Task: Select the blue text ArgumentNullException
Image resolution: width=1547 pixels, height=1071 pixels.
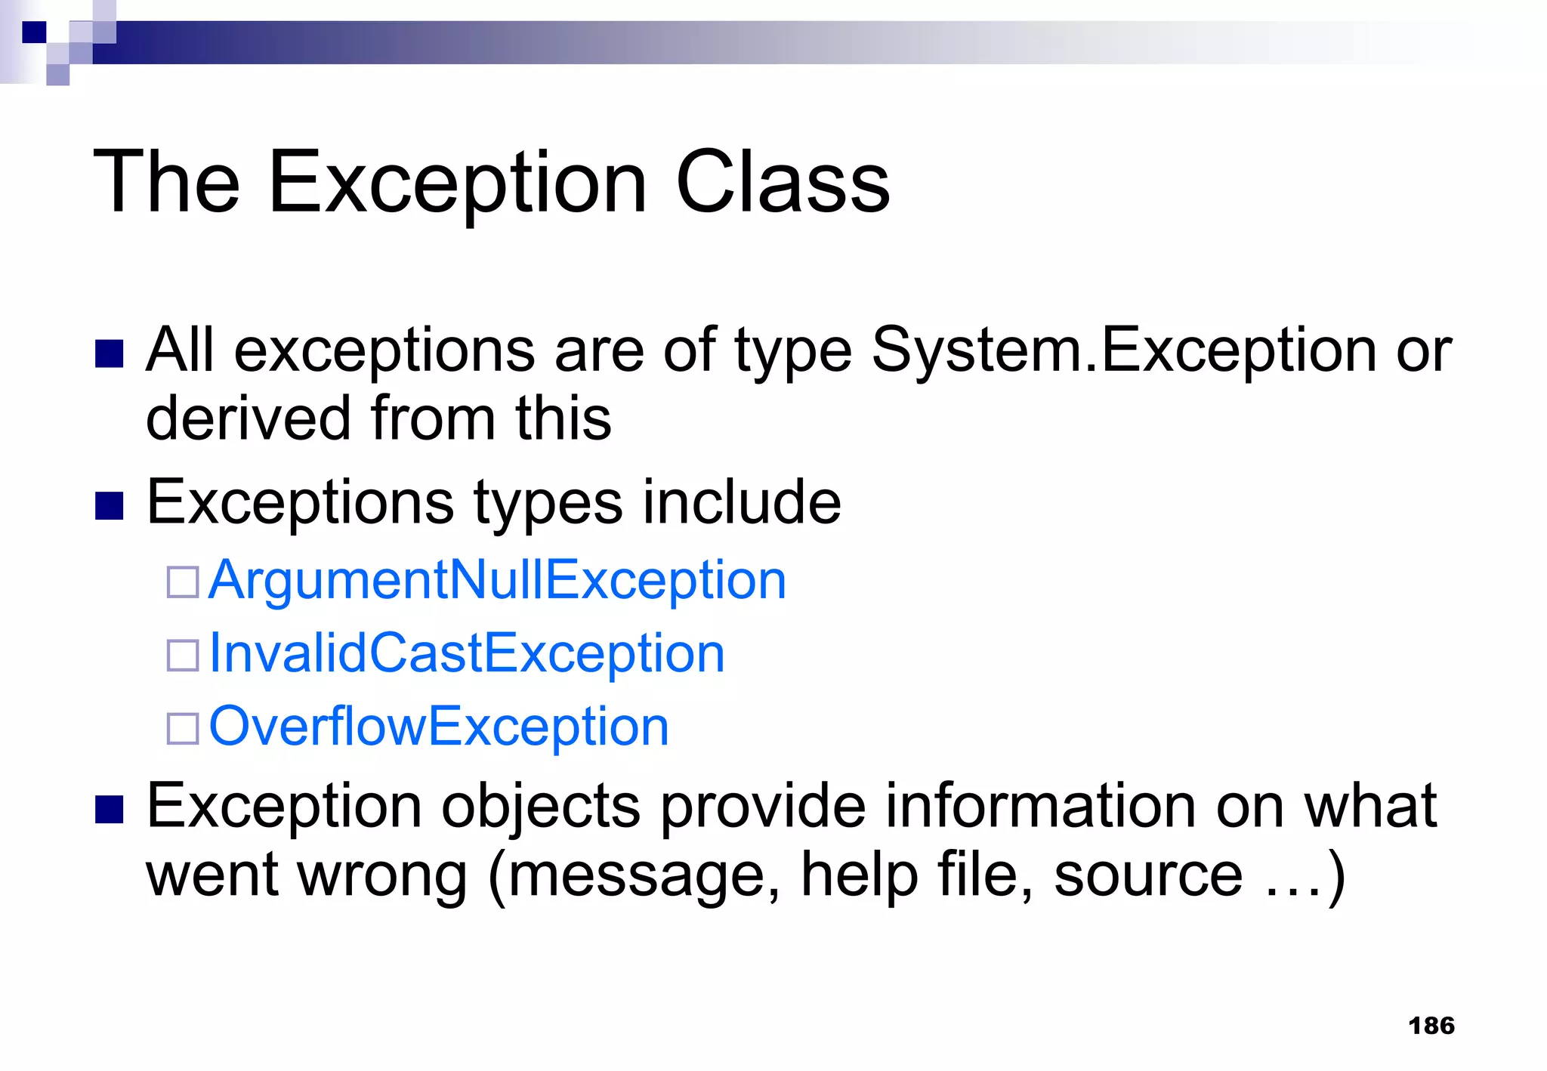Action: [497, 580]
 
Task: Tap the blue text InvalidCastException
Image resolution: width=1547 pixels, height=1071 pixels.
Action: [466, 653]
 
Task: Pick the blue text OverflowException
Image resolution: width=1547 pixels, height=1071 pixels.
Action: [439, 727]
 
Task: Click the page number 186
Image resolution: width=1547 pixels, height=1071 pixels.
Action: [1431, 1026]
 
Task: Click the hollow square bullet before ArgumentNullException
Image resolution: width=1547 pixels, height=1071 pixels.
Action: [183, 582]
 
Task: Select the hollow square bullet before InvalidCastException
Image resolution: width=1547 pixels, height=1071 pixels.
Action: [183, 655]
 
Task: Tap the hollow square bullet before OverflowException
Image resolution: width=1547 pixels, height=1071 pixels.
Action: [183, 728]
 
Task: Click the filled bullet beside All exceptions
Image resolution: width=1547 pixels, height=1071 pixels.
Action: [110, 353]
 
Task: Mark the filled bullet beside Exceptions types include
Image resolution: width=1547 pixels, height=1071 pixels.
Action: [110, 506]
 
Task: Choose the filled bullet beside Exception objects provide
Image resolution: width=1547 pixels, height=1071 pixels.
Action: [110, 810]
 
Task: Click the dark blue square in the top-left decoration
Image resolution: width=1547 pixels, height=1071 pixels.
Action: [35, 32]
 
